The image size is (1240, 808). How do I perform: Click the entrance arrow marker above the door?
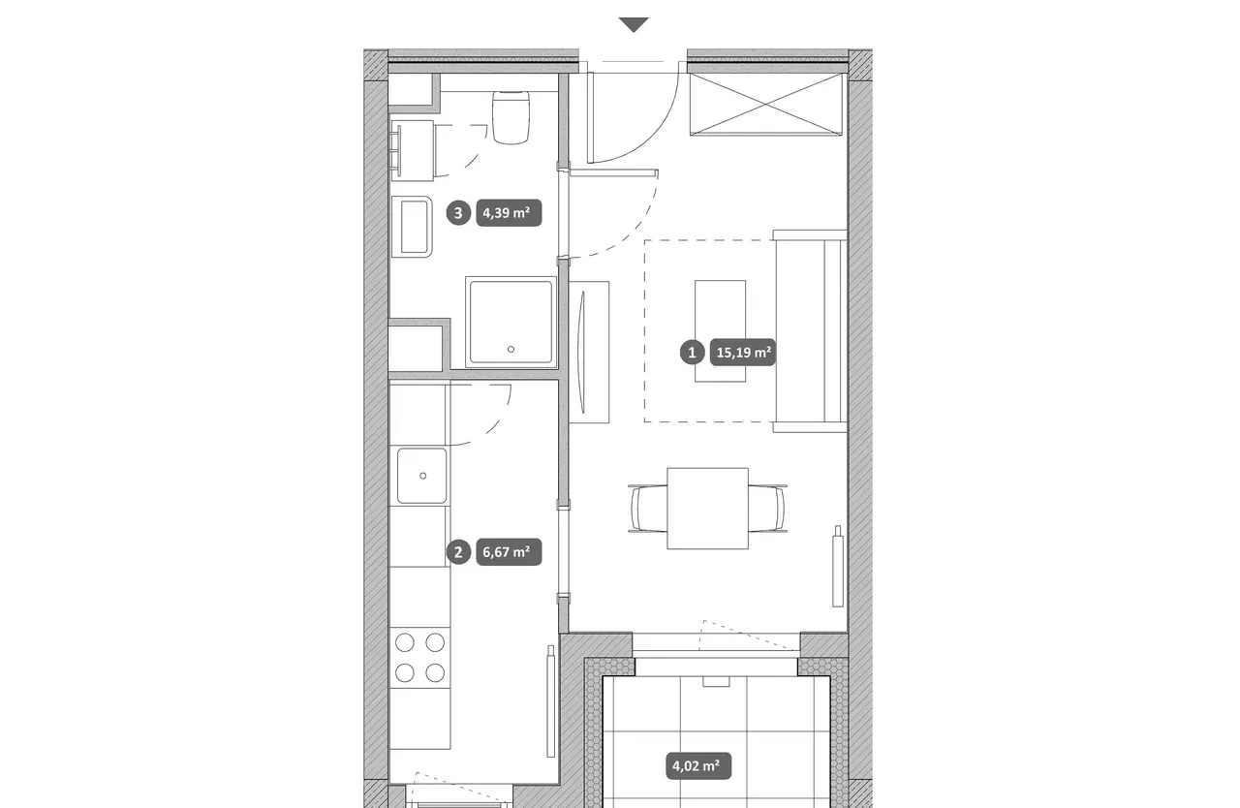[x=634, y=25]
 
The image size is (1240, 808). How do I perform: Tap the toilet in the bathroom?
[x=511, y=117]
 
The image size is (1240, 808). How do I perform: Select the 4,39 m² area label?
[x=509, y=213]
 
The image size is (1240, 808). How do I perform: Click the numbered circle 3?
[x=458, y=213]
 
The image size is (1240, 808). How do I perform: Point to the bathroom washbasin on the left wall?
[x=412, y=227]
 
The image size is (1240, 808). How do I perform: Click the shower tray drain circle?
[x=511, y=349]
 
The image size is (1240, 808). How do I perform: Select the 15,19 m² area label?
[x=743, y=353]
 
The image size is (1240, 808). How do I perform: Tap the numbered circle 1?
[x=692, y=353]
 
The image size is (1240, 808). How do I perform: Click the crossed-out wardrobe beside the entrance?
[x=765, y=104]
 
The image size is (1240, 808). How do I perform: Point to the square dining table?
[x=707, y=508]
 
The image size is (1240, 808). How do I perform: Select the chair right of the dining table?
[x=768, y=508]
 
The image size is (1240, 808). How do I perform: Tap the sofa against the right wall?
[x=811, y=331]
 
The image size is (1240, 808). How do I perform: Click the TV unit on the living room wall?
[x=589, y=353]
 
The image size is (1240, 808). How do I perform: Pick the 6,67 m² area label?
[x=509, y=552]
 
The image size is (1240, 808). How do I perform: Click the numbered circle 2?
[x=458, y=552]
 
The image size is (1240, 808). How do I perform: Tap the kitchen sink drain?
[x=423, y=476]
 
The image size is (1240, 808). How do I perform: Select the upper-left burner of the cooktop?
[x=405, y=642]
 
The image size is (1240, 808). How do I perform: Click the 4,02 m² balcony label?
[x=698, y=766]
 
